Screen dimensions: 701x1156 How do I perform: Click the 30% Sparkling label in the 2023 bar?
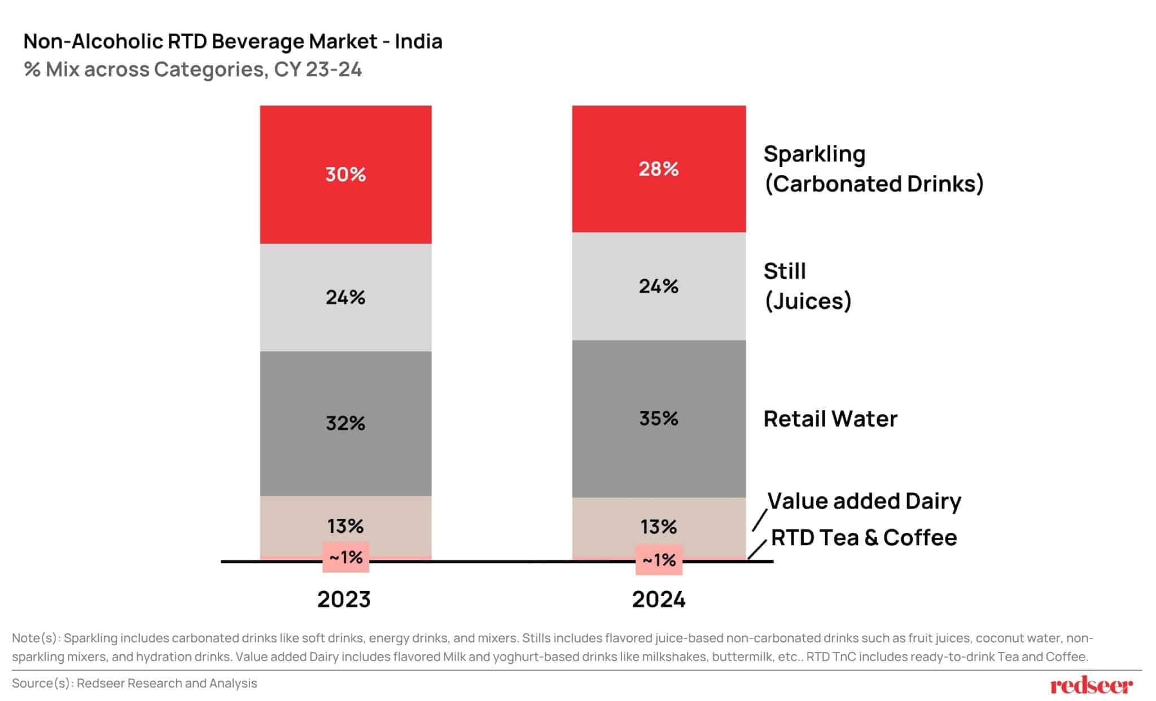click(x=345, y=174)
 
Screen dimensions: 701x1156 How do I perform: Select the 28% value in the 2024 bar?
click(x=658, y=169)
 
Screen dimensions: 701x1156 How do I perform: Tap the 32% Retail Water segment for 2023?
click(x=345, y=423)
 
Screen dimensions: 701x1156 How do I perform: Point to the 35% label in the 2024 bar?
click(x=658, y=418)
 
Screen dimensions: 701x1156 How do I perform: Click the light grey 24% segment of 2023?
click(x=345, y=297)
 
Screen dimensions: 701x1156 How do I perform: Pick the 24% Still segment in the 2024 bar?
click(x=658, y=286)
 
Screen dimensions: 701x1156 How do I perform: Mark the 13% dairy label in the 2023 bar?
click(x=345, y=526)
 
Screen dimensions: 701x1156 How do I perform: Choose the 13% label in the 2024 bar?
click(x=658, y=527)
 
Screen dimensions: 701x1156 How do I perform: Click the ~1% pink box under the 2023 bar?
click(x=345, y=557)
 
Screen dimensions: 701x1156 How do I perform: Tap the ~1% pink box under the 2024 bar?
click(x=659, y=559)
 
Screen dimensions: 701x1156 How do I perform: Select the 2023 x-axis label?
click(x=344, y=599)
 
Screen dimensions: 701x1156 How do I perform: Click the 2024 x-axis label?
click(x=658, y=599)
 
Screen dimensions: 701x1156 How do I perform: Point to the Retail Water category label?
click(x=830, y=419)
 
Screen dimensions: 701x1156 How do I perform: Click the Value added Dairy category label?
click(x=864, y=501)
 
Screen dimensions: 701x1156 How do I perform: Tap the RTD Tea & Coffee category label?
click(x=864, y=537)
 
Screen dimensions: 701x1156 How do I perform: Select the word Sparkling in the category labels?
click(x=814, y=154)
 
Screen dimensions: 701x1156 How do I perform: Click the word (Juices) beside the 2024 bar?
click(x=807, y=301)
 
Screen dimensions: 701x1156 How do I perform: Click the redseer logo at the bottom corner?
click(x=1091, y=685)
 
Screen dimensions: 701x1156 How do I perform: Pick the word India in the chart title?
click(x=418, y=41)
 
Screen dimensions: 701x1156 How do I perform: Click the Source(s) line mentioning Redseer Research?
click(x=134, y=683)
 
